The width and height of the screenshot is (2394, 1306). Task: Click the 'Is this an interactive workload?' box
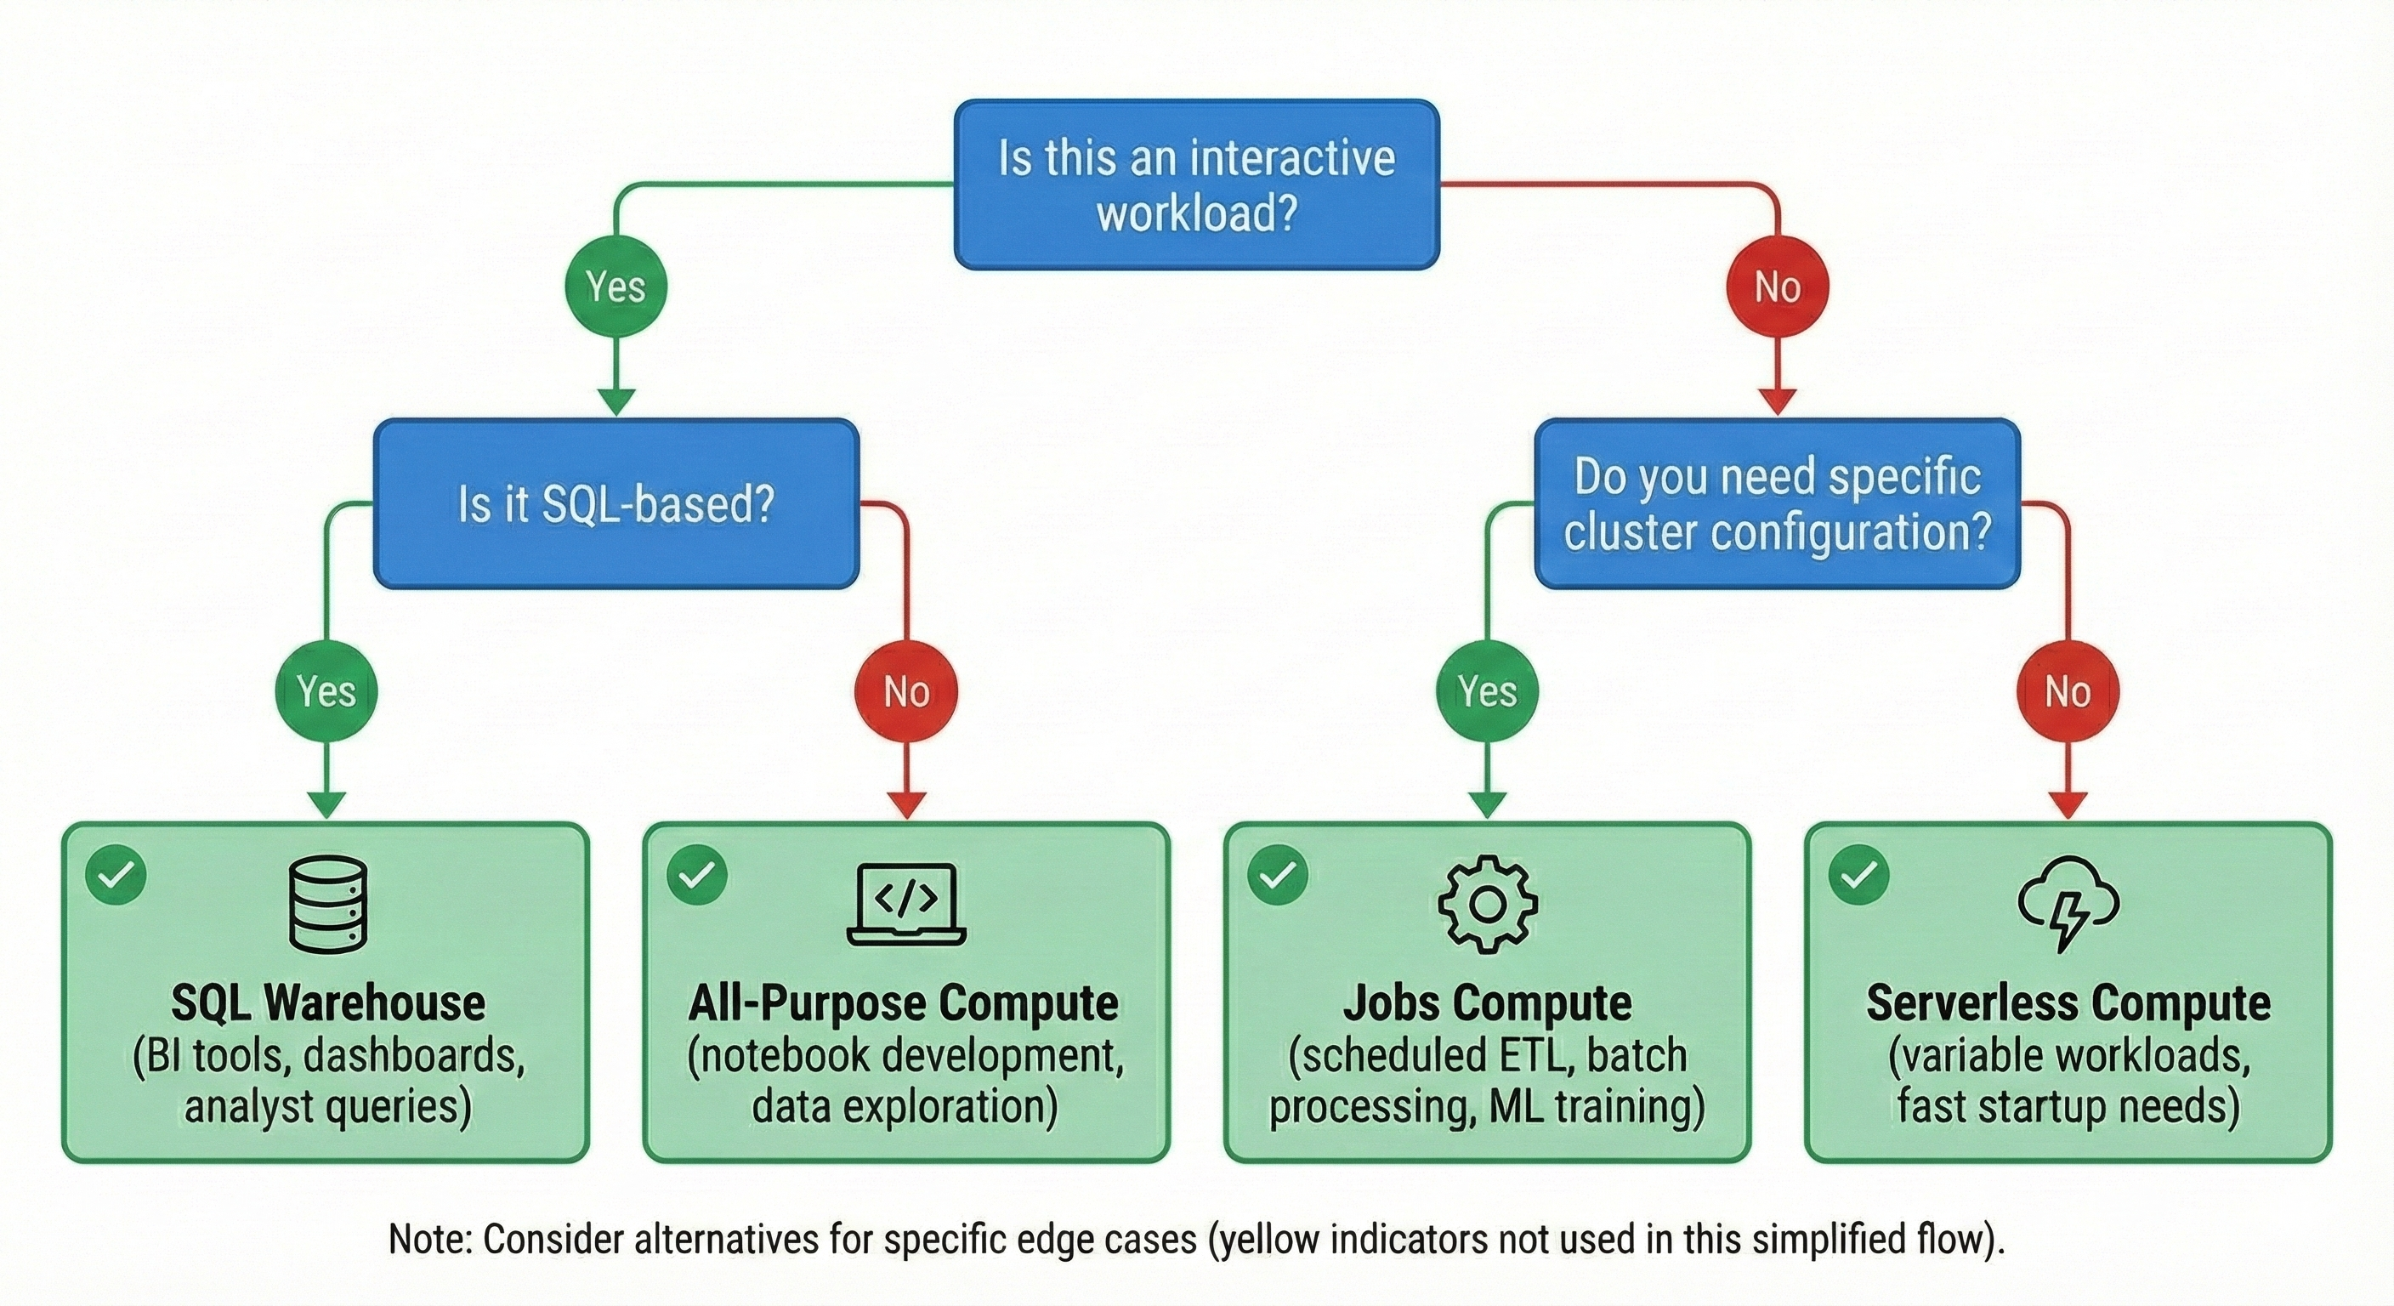tap(1197, 184)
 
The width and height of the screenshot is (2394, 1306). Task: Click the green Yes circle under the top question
tap(616, 287)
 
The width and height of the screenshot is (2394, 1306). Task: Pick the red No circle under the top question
tap(1777, 287)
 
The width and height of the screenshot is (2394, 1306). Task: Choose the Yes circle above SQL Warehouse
tap(326, 690)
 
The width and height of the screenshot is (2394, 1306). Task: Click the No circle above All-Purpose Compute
tap(906, 690)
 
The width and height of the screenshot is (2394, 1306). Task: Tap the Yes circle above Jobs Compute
tap(1487, 690)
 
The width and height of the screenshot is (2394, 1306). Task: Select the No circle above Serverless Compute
tap(2067, 690)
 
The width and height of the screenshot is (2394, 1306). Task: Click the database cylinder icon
tap(328, 905)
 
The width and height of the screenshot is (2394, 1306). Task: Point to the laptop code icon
tap(906, 905)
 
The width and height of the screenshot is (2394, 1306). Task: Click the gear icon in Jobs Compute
tap(1487, 905)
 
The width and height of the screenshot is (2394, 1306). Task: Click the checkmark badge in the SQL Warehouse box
tap(116, 874)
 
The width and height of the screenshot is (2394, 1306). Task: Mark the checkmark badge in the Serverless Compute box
tap(1858, 874)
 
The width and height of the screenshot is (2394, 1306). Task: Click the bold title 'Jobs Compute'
tap(1487, 1002)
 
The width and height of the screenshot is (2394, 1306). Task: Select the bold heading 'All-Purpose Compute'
tap(904, 1002)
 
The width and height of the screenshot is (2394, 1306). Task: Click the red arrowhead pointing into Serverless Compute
tap(2067, 804)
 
